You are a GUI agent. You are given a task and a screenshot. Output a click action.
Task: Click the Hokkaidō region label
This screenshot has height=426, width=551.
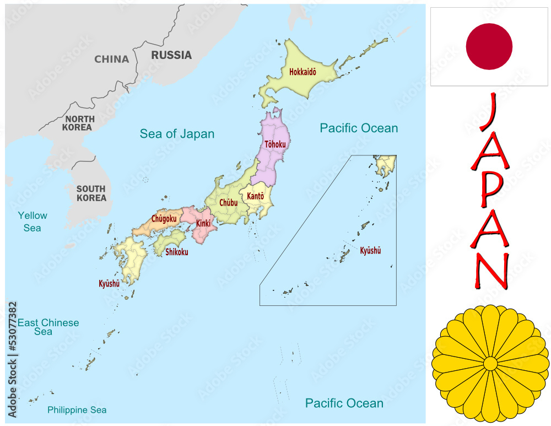(302, 72)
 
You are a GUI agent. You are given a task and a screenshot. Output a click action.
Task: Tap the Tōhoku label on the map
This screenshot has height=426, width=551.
(275, 144)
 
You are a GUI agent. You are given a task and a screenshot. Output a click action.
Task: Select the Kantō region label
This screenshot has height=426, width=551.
(255, 196)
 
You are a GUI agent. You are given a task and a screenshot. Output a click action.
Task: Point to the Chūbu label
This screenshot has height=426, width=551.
(228, 203)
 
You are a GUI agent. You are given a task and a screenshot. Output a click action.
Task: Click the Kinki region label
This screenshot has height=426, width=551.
(203, 224)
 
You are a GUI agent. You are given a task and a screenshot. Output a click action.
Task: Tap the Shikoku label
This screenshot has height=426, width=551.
(176, 252)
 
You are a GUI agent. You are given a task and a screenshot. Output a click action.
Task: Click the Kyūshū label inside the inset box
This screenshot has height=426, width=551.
(370, 251)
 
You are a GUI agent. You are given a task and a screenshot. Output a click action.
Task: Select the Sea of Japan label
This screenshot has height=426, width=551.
(177, 134)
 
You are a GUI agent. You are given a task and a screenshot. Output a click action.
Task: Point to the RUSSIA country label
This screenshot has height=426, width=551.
(171, 55)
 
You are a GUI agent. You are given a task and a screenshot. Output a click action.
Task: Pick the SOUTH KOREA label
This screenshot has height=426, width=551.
(91, 193)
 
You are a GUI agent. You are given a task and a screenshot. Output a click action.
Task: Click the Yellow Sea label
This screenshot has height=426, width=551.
(33, 222)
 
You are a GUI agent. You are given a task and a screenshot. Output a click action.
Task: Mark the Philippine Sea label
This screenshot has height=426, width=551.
(77, 410)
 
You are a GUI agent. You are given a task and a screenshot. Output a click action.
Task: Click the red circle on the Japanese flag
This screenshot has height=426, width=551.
(489, 46)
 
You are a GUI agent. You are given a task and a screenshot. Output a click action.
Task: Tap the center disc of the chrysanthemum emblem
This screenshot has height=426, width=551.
(490, 363)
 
